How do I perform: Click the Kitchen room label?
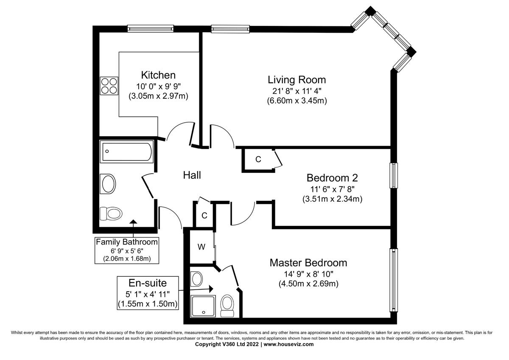tap(158, 75)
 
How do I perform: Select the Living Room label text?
tap(296, 79)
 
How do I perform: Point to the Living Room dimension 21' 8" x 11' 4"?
tap(296, 90)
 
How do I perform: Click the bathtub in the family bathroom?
tap(126, 152)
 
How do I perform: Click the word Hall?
tap(192, 175)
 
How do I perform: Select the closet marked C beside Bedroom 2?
tap(258, 160)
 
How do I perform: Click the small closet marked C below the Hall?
tap(204, 216)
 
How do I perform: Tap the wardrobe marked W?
tap(202, 247)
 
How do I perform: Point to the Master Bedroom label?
tap(308, 263)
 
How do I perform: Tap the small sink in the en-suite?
tap(197, 279)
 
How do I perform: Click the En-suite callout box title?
tap(148, 283)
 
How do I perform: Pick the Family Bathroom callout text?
tap(127, 242)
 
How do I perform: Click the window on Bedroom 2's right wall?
tap(394, 175)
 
